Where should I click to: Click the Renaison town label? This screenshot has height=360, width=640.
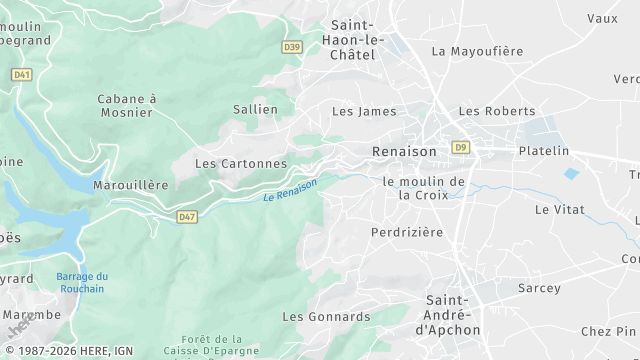coord(404,151)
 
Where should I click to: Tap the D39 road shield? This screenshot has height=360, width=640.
coord(292,47)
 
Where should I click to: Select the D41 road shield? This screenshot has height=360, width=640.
coord(22,74)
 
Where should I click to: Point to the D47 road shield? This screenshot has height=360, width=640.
coord(187,216)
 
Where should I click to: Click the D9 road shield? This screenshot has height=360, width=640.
coord(460,147)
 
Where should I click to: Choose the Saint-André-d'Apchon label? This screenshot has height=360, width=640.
coord(453,314)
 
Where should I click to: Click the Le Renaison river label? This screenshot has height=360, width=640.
coord(290,190)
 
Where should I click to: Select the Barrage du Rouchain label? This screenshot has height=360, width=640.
coord(81,283)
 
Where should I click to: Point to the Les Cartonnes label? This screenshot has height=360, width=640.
coord(241,163)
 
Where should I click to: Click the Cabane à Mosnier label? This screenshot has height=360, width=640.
coord(126,105)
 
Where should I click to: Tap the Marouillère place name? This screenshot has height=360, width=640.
coord(130,185)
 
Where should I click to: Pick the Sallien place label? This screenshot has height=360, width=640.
coord(255,109)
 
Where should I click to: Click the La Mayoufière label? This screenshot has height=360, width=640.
coord(477,51)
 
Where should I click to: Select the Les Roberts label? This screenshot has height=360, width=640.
coord(496,111)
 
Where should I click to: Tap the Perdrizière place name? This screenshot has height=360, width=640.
coord(406,232)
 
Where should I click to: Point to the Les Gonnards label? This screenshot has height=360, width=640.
coord(326,317)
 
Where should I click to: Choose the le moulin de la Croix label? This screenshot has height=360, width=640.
coord(424,188)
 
